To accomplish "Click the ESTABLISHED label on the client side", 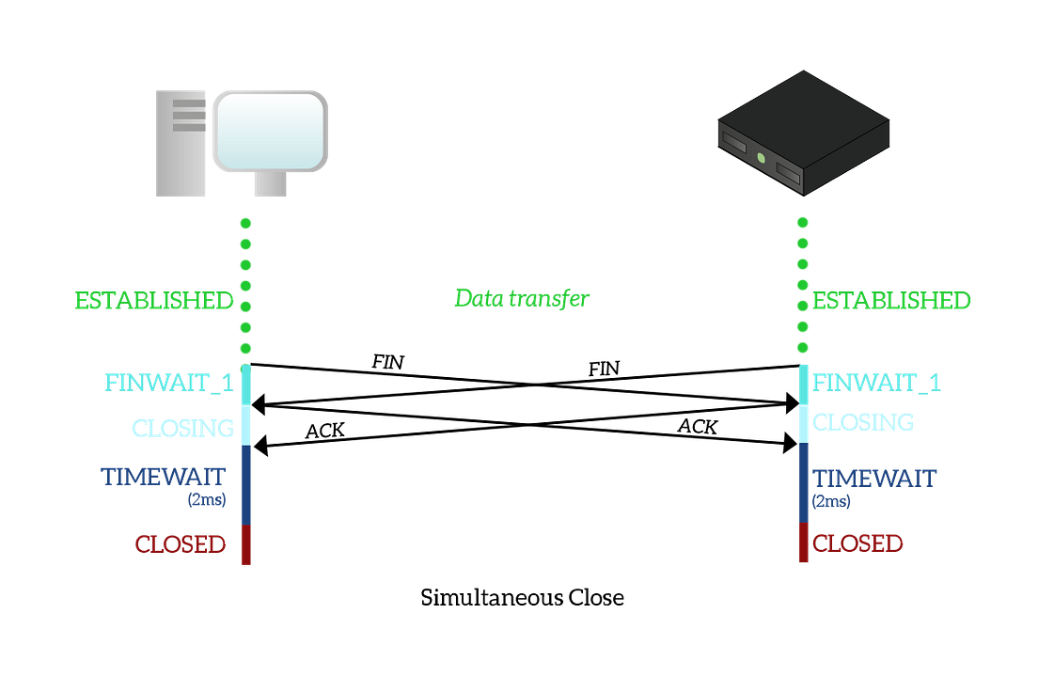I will point(155,301).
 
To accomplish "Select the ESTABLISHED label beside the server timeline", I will point(891,301).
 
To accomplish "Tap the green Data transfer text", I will point(522,299).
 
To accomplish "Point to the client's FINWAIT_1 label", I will point(169,383).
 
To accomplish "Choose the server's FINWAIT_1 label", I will point(875,383).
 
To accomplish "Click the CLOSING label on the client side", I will point(181,428).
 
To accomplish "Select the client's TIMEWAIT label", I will point(165,476).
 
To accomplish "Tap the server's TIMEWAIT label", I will point(873,478).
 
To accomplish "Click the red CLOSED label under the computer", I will point(181,543).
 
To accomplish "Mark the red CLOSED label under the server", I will point(857,543).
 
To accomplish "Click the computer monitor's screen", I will point(270,130).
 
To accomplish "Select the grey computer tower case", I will point(180,142).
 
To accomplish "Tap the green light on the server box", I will point(760,157).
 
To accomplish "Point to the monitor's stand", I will point(270,185).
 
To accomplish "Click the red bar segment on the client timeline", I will point(245,545).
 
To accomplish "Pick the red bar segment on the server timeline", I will point(803,543).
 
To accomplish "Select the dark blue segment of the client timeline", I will point(245,484).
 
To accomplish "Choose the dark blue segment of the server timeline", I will point(803,481).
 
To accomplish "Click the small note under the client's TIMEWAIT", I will point(207,501).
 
